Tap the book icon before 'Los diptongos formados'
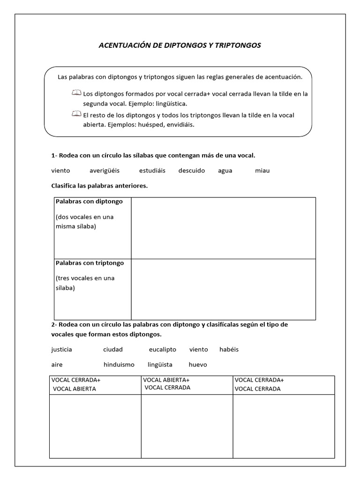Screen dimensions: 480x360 pyautogui.click(x=76, y=93)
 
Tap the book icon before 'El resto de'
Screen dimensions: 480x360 pyautogui.click(x=76, y=114)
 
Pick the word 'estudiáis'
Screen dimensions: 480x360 pyautogui.click(x=152, y=171)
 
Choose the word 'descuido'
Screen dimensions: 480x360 pyautogui.click(x=192, y=171)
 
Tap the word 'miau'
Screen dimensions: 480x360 pyautogui.click(x=262, y=171)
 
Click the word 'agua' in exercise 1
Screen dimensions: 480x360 pyautogui.click(x=225, y=171)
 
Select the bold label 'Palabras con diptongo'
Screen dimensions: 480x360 pyautogui.click(x=89, y=202)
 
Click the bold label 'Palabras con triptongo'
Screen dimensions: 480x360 pyautogui.click(x=90, y=263)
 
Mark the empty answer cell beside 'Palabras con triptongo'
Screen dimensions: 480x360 pyautogui.click(x=223, y=289)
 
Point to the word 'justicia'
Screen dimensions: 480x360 pyautogui.click(x=61, y=349)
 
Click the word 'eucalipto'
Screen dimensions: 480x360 pyautogui.click(x=163, y=349)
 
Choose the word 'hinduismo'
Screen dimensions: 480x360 pyautogui.click(x=119, y=364)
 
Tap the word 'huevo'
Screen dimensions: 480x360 pyautogui.click(x=198, y=364)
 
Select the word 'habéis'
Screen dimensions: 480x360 pyautogui.click(x=229, y=349)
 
